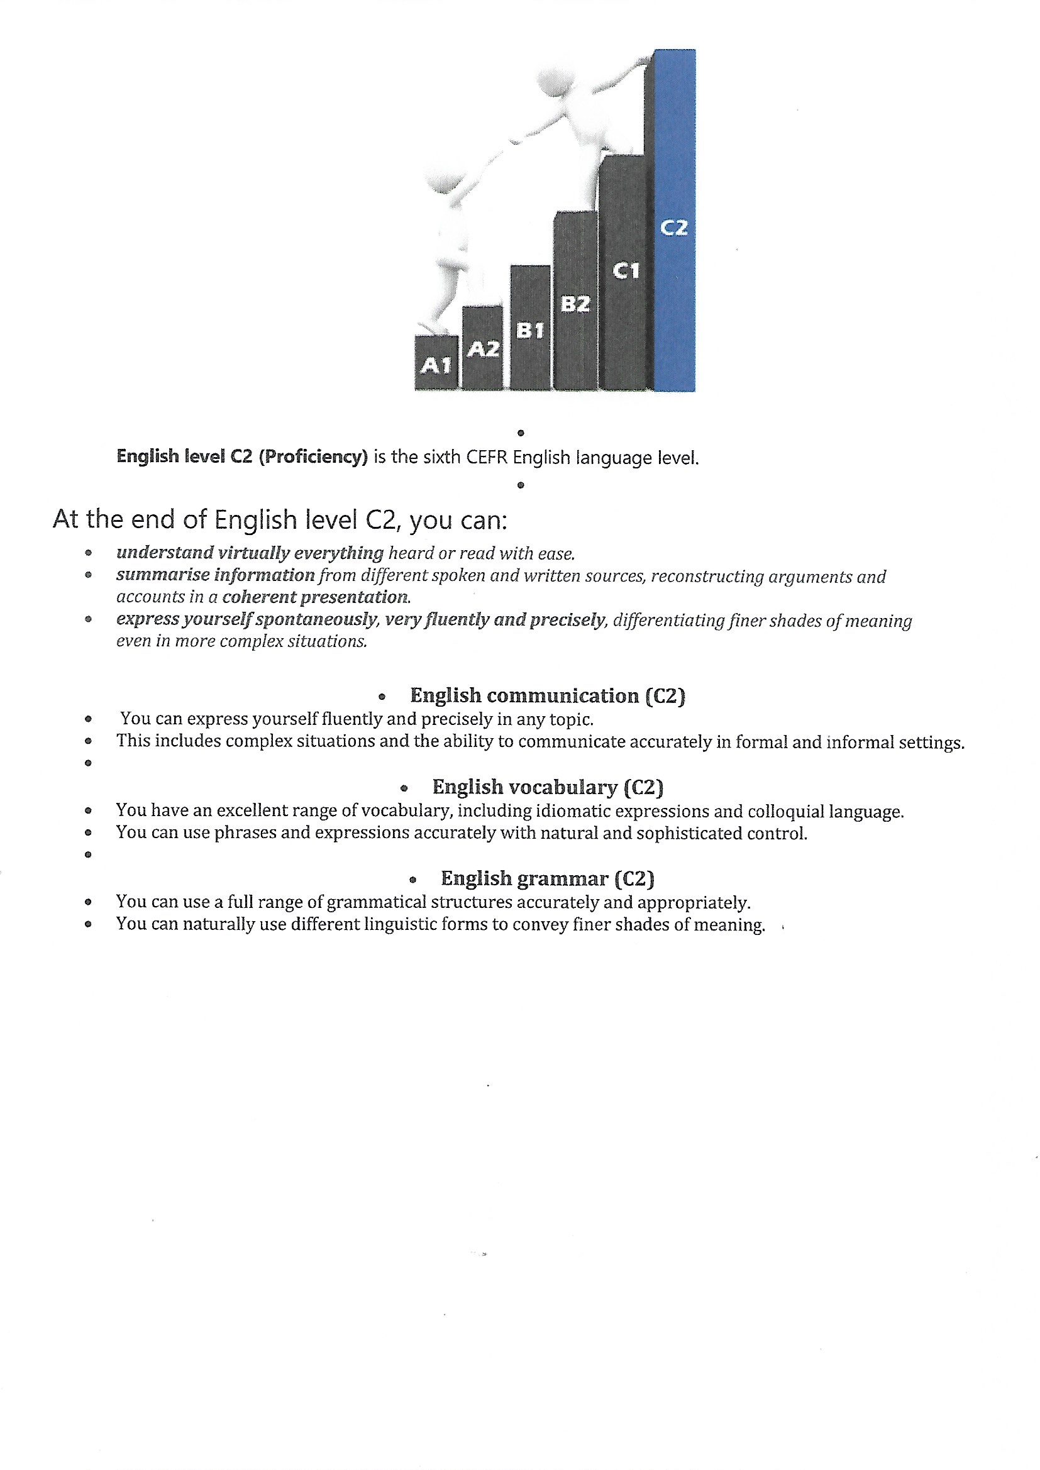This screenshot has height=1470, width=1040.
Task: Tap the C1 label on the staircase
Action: click(x=626, y=271)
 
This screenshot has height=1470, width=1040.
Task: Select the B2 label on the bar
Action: click(x=575, y=304)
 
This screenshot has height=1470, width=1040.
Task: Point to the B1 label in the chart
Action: click(x=530, y=330)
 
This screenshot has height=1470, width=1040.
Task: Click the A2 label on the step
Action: click(x=483, y=350)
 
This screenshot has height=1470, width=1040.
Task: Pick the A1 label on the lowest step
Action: click(x=436, y=365)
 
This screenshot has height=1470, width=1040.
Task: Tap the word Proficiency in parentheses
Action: click(x=313, y=456)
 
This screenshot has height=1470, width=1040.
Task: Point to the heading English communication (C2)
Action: click(x=548, y=695)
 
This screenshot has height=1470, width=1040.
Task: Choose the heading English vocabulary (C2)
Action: click(x=548, y=787)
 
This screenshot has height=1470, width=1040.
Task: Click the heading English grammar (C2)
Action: click(x=548, y=878)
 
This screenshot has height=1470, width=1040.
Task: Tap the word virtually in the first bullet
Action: click(x=253, y=553)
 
